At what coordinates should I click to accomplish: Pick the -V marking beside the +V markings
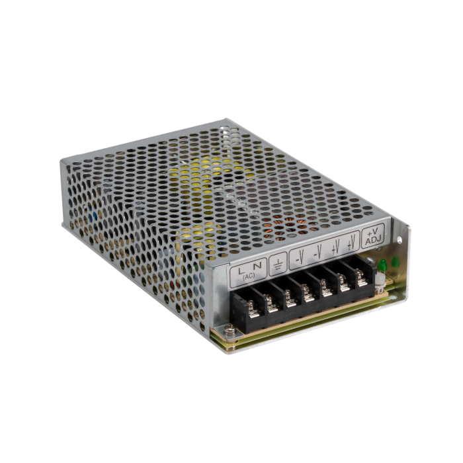click(318, 251)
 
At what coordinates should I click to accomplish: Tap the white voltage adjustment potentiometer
click(381, 282)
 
